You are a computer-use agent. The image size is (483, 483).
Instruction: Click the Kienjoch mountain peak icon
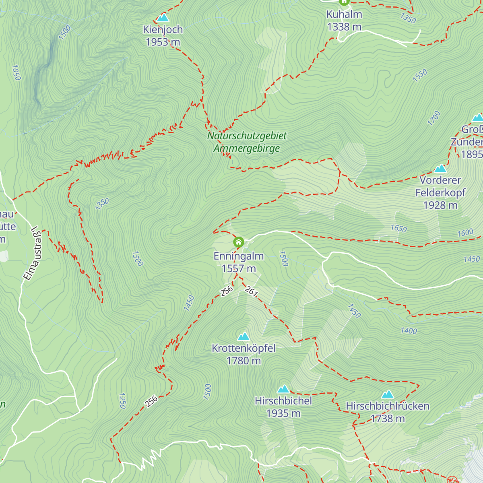[163, 18]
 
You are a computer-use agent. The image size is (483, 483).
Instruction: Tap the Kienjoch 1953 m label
[163, 36]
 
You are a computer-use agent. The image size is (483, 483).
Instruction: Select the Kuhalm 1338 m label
[344, 21]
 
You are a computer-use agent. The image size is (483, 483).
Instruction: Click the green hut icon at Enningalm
[239, 242]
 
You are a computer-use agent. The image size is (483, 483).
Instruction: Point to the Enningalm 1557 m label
[239, 262]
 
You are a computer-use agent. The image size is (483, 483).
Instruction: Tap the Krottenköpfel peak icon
[243, 336]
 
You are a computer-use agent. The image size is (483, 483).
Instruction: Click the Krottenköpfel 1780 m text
[244, 354]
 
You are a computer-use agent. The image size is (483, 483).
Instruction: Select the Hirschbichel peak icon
[283, 389]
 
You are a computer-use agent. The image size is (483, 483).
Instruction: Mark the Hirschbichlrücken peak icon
[388, 394]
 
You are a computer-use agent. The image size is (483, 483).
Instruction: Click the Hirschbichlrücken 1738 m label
[388, 412]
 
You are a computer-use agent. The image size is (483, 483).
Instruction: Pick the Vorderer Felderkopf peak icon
[440, 168]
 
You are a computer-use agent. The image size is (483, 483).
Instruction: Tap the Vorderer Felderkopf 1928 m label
[440, 192]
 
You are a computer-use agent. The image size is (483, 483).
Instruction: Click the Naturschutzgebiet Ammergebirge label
[247, 142]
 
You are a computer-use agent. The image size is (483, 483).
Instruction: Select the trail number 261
[251, 291]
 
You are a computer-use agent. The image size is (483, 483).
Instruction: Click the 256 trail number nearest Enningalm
[227, 291]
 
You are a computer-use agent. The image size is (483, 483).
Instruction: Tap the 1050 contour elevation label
[16, 73]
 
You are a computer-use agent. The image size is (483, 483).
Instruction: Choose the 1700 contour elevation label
[434, 118]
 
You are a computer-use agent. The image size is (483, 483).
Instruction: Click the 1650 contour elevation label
[398, 229]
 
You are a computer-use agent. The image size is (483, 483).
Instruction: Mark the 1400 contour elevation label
[409, 331]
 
